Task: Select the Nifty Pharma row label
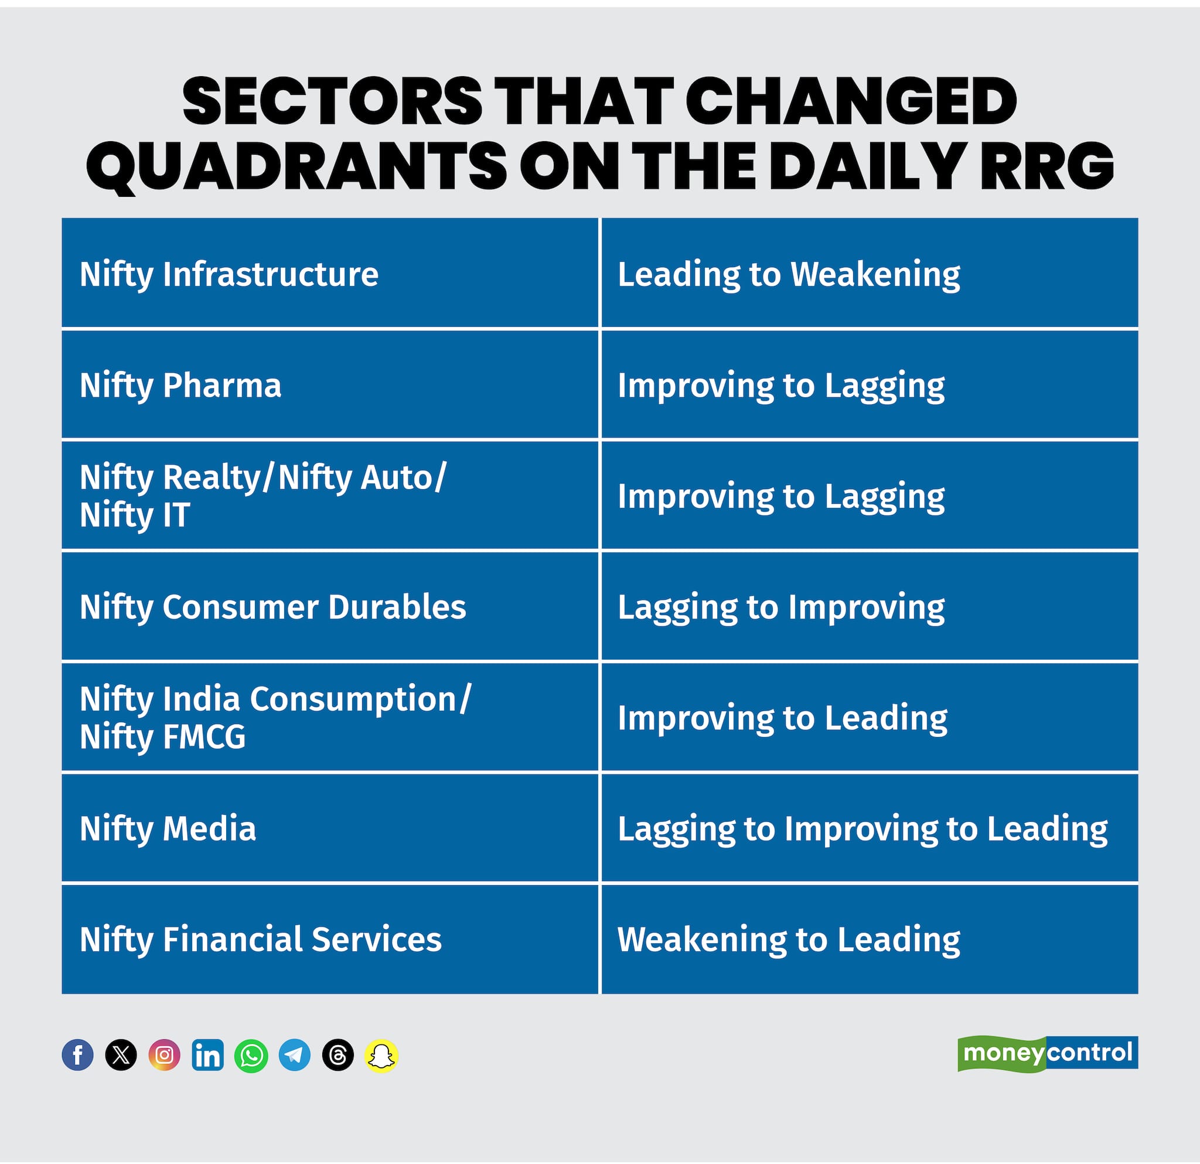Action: pos(180,385)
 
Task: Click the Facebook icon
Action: pos(78,1055)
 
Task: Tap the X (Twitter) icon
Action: pos(121,1055)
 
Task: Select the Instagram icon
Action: pos(165,1055)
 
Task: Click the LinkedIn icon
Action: pos(207,1055)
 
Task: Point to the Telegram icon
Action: pos(295,1055)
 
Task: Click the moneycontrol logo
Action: pos(1048,1053)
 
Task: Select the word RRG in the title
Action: pos(1046,166)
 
